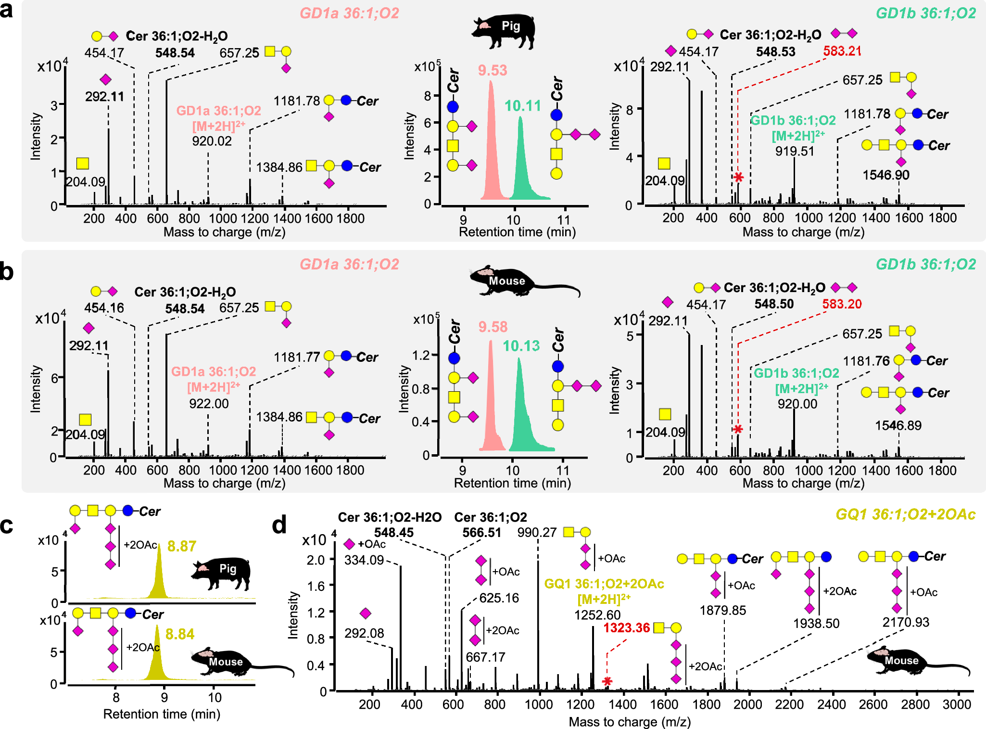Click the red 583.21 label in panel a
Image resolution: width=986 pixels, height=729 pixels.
pyautogui.click(x=842, y=51)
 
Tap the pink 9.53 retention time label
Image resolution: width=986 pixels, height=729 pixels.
pyautogui.click(x=492, y=70)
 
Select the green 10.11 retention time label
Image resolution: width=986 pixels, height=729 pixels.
pyautogui.click(x=522, y=106)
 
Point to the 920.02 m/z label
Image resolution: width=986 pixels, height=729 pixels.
pyautogui.click(x=212, y=141)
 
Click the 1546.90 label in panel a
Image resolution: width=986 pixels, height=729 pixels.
pyautogui.click(x=885, y=175)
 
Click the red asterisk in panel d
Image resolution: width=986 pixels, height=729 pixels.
pyautogui.click(x=607, y=681)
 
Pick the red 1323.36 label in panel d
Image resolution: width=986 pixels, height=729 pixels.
pyautogui.click(x=626, y=627)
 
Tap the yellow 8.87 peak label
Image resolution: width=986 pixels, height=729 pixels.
pyautogui.click(x=181, y=546)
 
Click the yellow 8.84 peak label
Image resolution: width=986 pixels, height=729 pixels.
pyautogui.click(x=179, y=634)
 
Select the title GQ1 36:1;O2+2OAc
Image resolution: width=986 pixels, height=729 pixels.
pyautogui.click(x=905, y=514)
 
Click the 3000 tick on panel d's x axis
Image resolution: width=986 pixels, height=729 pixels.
pyautogui.click(x=957, y=704)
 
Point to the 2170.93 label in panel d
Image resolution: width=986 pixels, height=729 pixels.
pyautogui.click(x=905, y=622)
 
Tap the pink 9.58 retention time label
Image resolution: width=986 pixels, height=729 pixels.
pyautogui.click(x=493, y=327)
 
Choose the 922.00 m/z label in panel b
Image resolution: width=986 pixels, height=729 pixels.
pyautogui.click(x=209, y=403)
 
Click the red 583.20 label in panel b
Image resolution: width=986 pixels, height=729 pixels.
pyautogui.click(x=841, y=304)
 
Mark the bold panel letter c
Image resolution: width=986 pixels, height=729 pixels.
pyautogui.click(x=7, y=525)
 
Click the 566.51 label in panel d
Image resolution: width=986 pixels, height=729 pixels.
pyautogui.click(x=481, y=533)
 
